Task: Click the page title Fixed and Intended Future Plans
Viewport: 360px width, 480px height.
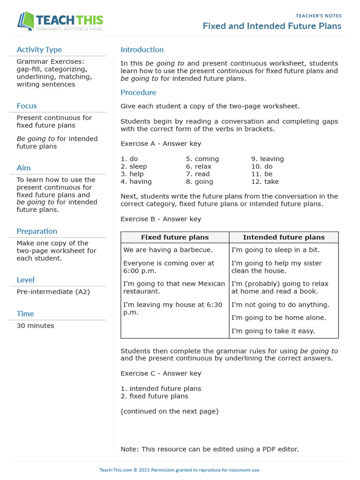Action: (272, 26)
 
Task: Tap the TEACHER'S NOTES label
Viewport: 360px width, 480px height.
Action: (319, 16)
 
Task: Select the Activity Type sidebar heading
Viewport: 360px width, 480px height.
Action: (39, 50)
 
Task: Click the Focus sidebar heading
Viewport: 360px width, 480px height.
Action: (27, 106)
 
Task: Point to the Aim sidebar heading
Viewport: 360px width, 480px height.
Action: (23, 168)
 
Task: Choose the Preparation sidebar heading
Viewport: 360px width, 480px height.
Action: (37, 231)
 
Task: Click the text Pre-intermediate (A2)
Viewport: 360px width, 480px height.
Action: (53, 292)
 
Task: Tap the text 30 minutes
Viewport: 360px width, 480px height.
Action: (35, 325)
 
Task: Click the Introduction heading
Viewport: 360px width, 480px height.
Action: (142, 50)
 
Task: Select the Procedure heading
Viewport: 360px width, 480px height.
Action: (138, 92)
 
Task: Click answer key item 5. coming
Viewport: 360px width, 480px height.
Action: (202, 159)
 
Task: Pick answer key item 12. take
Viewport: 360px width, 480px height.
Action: (265, 181)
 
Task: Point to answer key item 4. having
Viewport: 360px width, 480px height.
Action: (136, 181)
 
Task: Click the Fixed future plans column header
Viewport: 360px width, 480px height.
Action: (175, 237)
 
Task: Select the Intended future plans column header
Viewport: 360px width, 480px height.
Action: (284, 237)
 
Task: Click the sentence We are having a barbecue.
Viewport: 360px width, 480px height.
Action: (168, 250)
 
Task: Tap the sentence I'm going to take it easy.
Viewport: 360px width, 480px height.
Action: (273, 331)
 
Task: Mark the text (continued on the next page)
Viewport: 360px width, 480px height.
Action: (169, 411)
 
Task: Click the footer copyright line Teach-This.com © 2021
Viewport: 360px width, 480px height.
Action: (180, 470)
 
